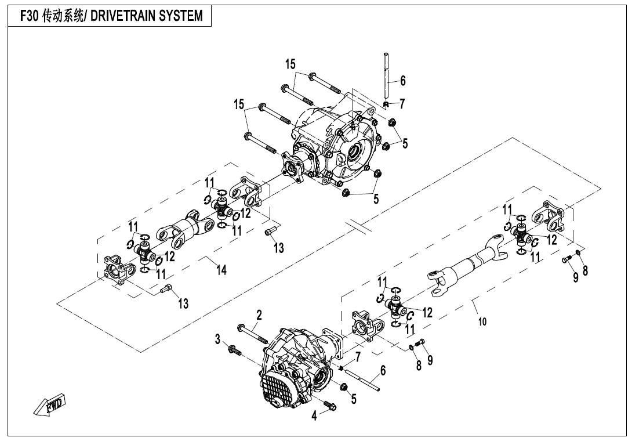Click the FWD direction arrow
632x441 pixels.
tap(49, 404)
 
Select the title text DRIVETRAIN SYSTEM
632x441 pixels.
tap(147, 16)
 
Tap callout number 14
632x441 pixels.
tap(221, 270)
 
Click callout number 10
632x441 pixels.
tap(482, 321)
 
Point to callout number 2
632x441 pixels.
tap(259, 315)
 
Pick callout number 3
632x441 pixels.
tap(217, 339)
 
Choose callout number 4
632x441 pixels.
tap(314, 415)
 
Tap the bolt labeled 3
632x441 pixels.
tap(235, 350)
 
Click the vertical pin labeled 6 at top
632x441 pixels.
tap(386, 76)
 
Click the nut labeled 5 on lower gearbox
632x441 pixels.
tap(344, 387)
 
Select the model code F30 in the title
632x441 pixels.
tap(28, 16)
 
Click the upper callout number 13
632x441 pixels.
tap(278, 247)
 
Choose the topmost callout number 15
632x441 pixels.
tap(290, 64)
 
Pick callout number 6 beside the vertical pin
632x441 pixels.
tap(402, 81)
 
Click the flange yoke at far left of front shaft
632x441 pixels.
tap(117, 270)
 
